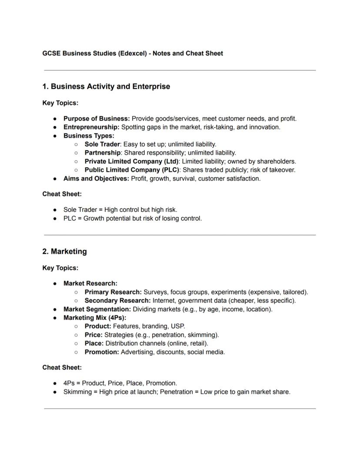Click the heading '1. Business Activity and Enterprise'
[x=106, y=87]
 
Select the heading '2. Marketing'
[x=64, y=251]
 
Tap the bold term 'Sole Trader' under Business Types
[x=102, y=144]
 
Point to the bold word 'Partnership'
[x=103, y=153]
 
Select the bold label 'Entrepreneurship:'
[x=91, y=127]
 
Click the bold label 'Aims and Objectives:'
[x=96, y=178]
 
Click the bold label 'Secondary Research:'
[x=117, y=301]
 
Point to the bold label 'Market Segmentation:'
[x=97, y=309]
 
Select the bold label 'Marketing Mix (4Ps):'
[x=95, y=318]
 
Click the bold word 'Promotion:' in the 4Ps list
[x=102, y=352]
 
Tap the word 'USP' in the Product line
[x=179, y=326]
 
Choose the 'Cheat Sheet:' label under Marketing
[x=62, y=368]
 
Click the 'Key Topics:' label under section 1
[x=60, y=103]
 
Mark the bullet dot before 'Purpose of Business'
[x=55, y=119]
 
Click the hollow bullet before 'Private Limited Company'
[x=76, y=161]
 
